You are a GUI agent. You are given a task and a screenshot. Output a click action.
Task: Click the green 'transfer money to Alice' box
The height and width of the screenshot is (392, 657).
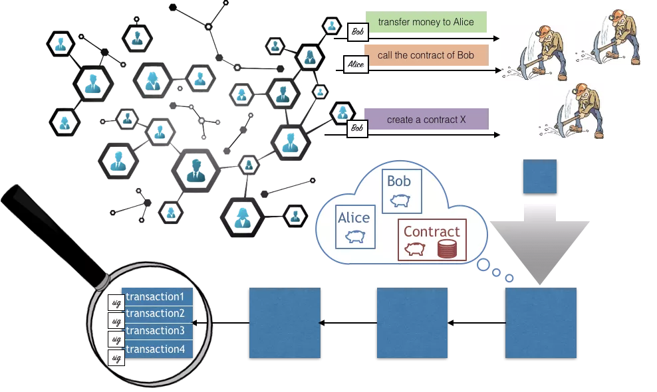pos(426,23)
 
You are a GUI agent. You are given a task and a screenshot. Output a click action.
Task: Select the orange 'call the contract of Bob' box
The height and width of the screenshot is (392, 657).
pos(426,55)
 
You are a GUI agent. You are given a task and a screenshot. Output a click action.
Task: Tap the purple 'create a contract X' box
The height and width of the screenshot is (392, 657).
pos(426,120)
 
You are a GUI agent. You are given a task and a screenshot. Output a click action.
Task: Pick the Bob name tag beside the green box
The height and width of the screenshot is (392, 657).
pos(357,31)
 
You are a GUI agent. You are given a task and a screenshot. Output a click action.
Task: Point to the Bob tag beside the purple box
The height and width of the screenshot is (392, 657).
pos(357,127)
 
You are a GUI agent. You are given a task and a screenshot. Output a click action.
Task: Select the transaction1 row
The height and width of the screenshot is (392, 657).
pos(158,296)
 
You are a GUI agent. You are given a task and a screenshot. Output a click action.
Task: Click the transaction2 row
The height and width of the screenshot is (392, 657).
pos(158,314)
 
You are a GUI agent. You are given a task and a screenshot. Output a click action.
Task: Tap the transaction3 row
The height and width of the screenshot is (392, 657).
pos(158,331)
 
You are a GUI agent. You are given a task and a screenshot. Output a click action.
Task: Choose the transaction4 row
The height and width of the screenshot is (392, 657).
pos(158,348)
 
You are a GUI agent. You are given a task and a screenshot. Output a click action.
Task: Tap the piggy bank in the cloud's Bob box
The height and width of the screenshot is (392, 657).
pos(399,200)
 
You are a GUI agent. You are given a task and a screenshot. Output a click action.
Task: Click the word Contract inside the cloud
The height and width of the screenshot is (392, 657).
pos(432,231)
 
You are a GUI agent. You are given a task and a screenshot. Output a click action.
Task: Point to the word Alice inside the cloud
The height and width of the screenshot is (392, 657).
pos(354,218)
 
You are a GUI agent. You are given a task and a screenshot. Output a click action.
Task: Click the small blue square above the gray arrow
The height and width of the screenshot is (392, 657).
pos(539,177)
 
